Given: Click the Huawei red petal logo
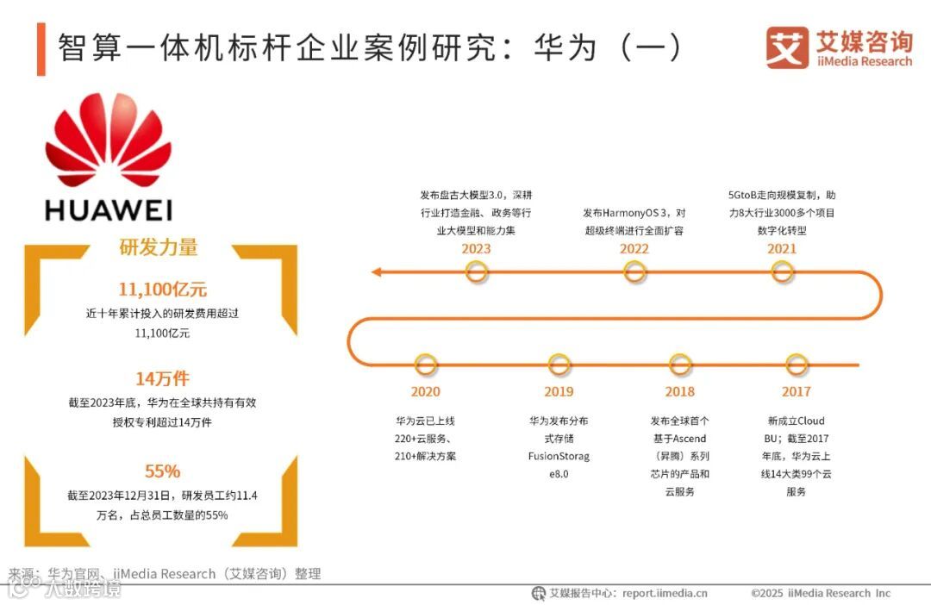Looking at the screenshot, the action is click(108, 142).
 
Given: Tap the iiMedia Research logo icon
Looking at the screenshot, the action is click(787, 48).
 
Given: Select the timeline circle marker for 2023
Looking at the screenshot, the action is click(477, 273).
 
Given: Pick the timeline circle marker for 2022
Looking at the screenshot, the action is click(634, 273).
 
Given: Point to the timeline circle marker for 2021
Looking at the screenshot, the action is click(783, 273).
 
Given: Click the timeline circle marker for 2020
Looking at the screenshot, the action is click(425, 365).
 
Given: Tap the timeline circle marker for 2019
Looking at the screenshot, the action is click(559, 365).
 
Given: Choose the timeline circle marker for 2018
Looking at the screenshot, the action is click(680, 365).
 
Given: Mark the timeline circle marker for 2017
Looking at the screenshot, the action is click(797, 365).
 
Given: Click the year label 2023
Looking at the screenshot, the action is click(476, 249).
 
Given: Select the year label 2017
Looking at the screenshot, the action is click(797, 392).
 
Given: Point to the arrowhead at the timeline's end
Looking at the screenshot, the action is click(377, 273).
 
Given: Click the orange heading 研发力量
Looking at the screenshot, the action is click(158, 247).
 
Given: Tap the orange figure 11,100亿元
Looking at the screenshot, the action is click(162, 289).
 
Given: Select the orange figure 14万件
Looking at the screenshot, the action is click(162, 378).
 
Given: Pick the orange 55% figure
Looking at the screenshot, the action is click(162, 471).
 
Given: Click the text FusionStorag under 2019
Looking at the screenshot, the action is click(559, 457).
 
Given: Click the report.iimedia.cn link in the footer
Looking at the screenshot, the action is click(665, 593).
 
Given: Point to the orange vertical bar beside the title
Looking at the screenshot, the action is click(41, 49).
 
